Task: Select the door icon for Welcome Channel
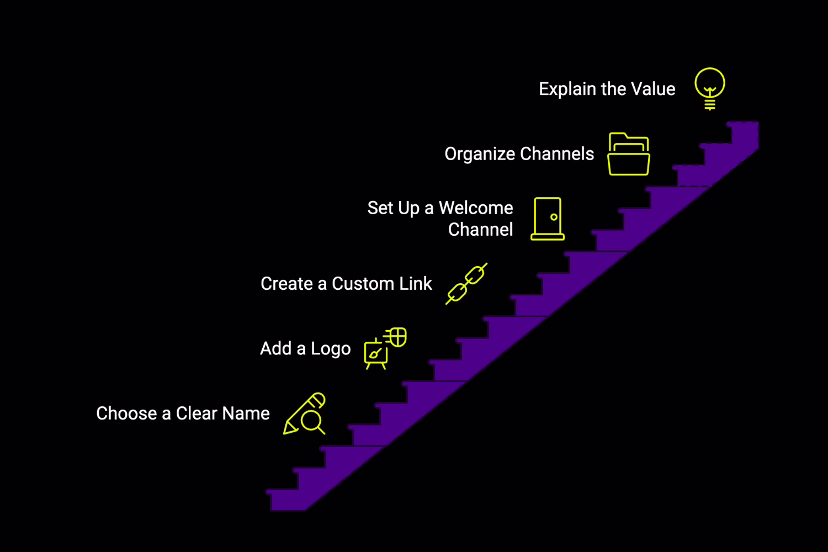[548, 219]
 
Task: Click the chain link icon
[466, 284]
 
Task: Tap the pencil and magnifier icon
[305, 414]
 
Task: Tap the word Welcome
[476, 208]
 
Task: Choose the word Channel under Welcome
[480, 230]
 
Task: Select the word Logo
[331, 349]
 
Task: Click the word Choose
[126, 413]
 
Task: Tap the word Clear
[197, 413]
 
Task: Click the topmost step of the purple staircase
[744, 132]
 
